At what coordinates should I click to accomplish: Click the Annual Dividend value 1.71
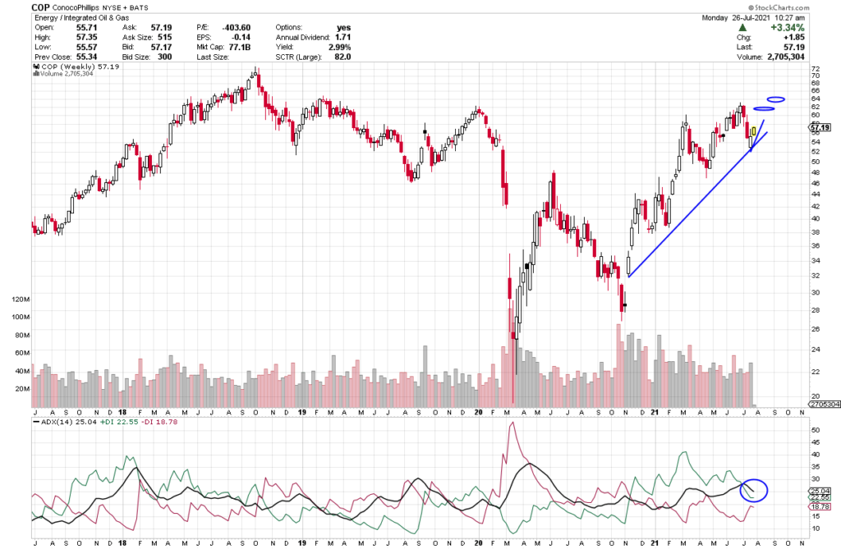[342, 38]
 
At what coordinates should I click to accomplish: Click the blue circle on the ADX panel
[753, 490]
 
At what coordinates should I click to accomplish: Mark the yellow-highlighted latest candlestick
[754, 130]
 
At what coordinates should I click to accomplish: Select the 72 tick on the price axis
[815, 69]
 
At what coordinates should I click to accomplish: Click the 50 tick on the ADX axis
[815, 429]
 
